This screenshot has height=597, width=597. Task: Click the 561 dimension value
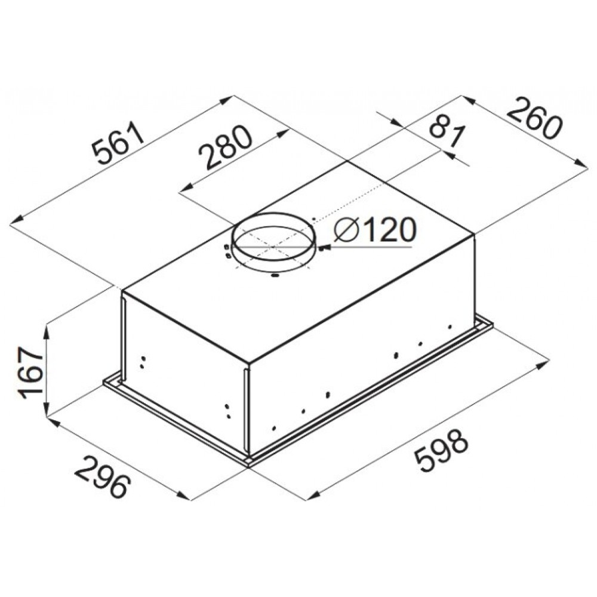119,143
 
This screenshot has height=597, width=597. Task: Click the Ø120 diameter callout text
375,230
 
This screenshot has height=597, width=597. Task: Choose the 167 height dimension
32,372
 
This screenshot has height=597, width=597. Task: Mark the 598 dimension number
441,450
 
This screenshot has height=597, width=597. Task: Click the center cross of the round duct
273,247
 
